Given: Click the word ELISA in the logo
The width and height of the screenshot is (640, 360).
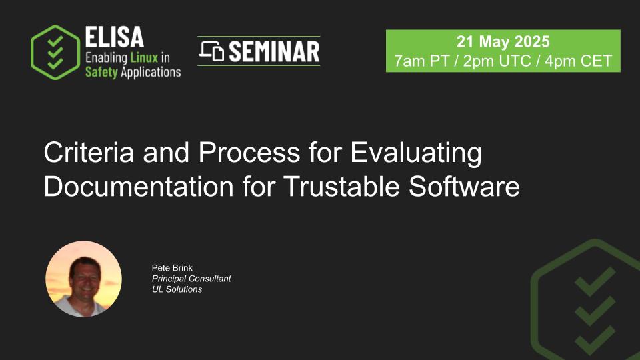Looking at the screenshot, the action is tap(114, 37).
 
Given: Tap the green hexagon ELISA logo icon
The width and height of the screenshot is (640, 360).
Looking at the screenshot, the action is tap(55, 52).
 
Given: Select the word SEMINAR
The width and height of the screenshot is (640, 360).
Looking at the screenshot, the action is tap(274, 51).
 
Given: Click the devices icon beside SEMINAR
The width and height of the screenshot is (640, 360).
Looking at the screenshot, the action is tap(211, 51).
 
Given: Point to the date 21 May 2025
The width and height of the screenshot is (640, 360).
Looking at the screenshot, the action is tap(503, 41).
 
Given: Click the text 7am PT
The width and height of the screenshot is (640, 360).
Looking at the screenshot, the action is tap(421, 61).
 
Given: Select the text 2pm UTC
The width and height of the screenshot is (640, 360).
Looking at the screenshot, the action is tap(497, 61).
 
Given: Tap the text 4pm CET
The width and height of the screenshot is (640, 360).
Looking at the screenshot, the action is tap(579, 61).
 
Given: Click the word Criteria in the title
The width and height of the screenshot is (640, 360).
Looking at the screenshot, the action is tap(89, 152).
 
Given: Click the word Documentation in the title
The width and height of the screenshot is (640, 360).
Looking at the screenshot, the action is tap(139, 187).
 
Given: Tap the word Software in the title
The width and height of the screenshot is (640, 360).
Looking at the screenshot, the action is tap(464, 187).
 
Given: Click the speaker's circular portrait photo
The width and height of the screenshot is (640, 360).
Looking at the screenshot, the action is tap(84, 279).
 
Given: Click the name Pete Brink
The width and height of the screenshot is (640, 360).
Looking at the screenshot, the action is tap(172, 268).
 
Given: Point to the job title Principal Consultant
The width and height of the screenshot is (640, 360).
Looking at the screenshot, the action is tap(191, 279).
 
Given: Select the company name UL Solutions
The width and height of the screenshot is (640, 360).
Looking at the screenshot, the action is tap(177, 289).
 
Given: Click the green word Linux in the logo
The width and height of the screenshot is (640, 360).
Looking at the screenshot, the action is tap(144, 57).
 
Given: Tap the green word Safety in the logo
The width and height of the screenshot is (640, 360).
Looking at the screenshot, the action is tap(101, 72).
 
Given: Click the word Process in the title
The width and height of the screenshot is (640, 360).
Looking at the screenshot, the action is tap(249, 152).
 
